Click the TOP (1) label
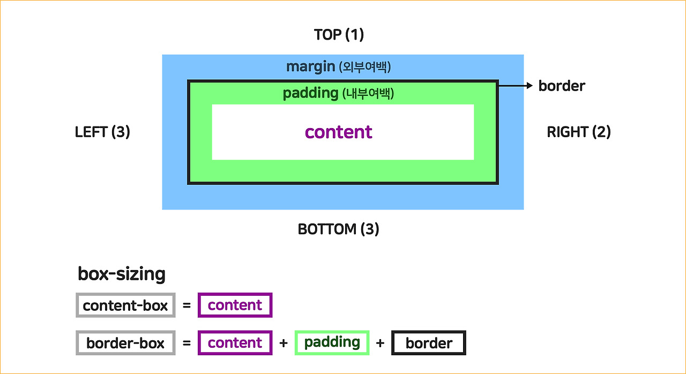click(339, 35)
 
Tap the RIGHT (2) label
click(578, 132)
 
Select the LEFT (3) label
click(102, 132)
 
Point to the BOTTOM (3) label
click(338, 229)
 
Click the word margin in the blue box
click(310, 66)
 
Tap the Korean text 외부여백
click(366, 67)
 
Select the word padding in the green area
click(310, 93)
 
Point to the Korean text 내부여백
click(368, 94)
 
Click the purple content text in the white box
click(338, 132)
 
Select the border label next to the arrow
click(562, 86)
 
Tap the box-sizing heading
click(122, 274)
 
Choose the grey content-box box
click(125, 305)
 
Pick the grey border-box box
click(125, 343)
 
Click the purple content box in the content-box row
click(235, 305)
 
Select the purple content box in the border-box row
click(235, 343)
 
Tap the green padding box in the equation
click(332, 342)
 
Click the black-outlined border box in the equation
click(429, 343)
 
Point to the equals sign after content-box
click(187, 306)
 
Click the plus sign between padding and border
click(380, 343)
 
